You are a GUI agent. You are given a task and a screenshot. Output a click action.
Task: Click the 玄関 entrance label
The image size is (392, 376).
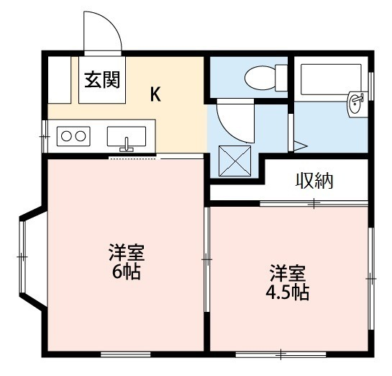click(x=102, y=80)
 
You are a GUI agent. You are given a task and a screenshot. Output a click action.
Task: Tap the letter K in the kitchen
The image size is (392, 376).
click(x=155, y=94)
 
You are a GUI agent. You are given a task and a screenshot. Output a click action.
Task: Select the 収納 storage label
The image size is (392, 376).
click(x=314, y=181)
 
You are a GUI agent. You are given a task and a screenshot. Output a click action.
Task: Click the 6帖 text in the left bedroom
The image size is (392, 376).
click(x=127, y=272)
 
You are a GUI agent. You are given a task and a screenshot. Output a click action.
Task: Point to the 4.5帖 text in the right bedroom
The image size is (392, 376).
click(x=288, y=292)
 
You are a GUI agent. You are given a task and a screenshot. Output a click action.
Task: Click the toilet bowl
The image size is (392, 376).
click(x=260, y=78)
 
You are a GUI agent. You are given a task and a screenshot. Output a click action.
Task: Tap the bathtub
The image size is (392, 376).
click(x=332, y=79)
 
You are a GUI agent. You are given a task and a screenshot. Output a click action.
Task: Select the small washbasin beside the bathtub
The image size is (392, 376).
click(x=355, y=104)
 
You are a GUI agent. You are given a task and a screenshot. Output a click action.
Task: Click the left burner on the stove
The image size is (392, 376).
click(x=66, y=136)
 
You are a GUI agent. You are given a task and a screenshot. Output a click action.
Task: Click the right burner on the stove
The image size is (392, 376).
click(x=81, y=136)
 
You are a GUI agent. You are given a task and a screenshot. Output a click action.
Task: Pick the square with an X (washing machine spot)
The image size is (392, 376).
click(x=234, y=161)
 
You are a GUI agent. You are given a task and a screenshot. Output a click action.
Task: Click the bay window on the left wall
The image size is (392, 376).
click(x=23, y=257)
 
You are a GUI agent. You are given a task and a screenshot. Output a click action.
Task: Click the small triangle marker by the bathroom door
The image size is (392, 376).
click(x=300, y=146)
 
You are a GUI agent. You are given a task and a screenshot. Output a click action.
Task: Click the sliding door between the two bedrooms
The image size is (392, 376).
click(x=206, y=259)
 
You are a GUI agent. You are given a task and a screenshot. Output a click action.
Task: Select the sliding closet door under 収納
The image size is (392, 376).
click(x=314, y=203)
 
